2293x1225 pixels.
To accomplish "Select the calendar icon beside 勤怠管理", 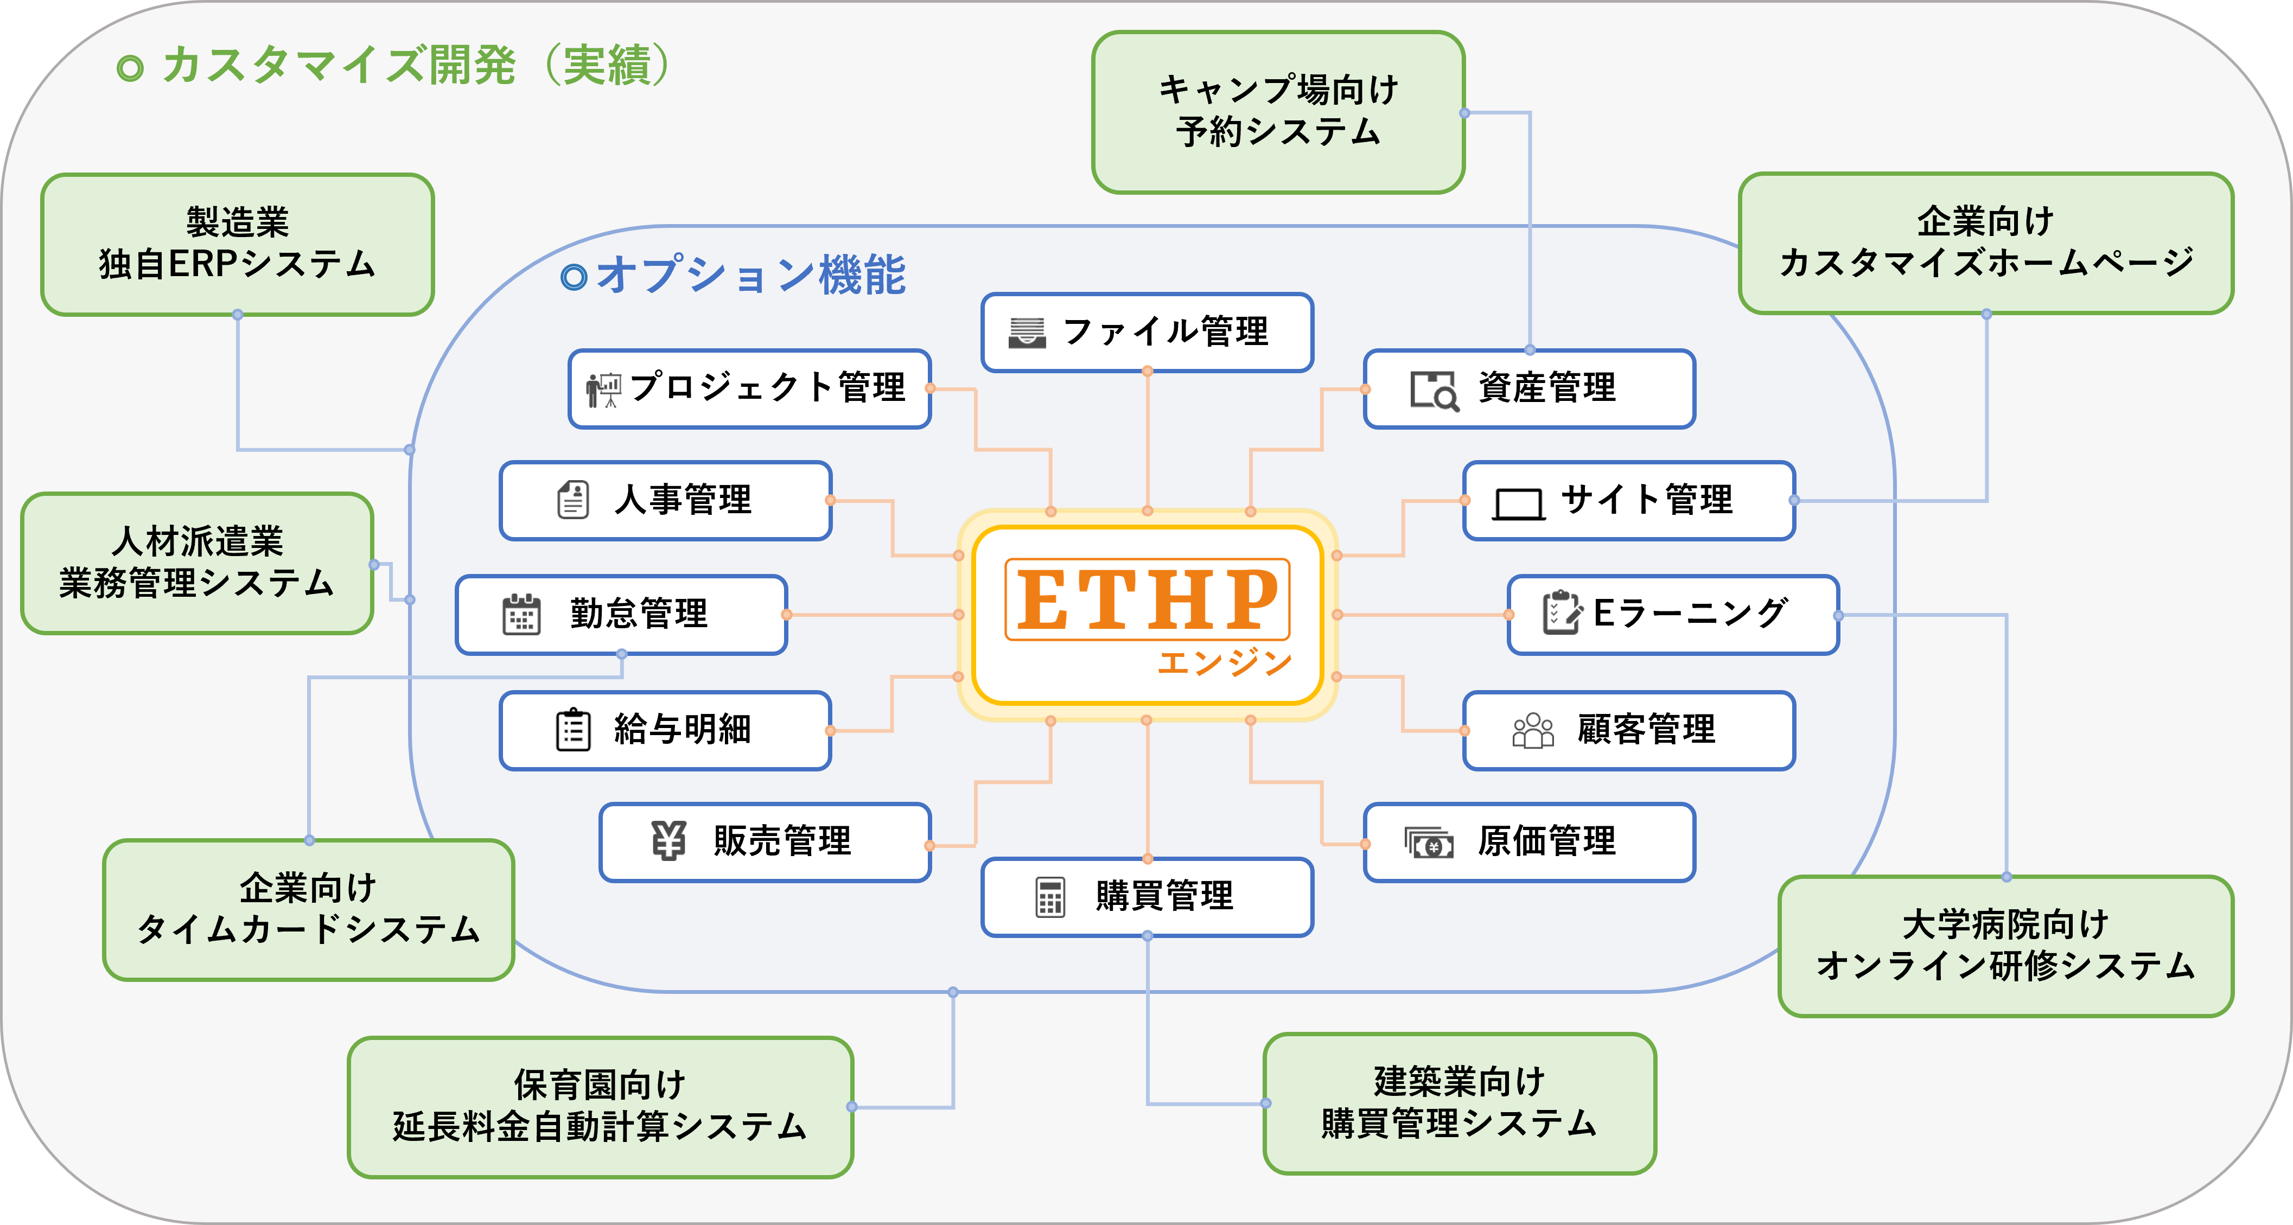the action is [521, 614].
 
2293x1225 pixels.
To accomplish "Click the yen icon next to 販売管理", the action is [668, 840].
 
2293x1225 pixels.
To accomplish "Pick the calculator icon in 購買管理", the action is [1050, 896].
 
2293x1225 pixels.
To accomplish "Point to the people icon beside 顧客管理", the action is [1533, 730].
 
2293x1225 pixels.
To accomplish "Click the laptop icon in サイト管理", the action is [1519, 504].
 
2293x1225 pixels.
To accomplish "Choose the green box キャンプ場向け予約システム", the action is [1278, 112].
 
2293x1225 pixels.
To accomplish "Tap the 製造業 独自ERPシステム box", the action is [238, 245].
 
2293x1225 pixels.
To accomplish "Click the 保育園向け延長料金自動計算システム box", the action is [600, 1107].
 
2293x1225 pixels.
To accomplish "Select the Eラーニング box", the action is [1673, 614].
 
